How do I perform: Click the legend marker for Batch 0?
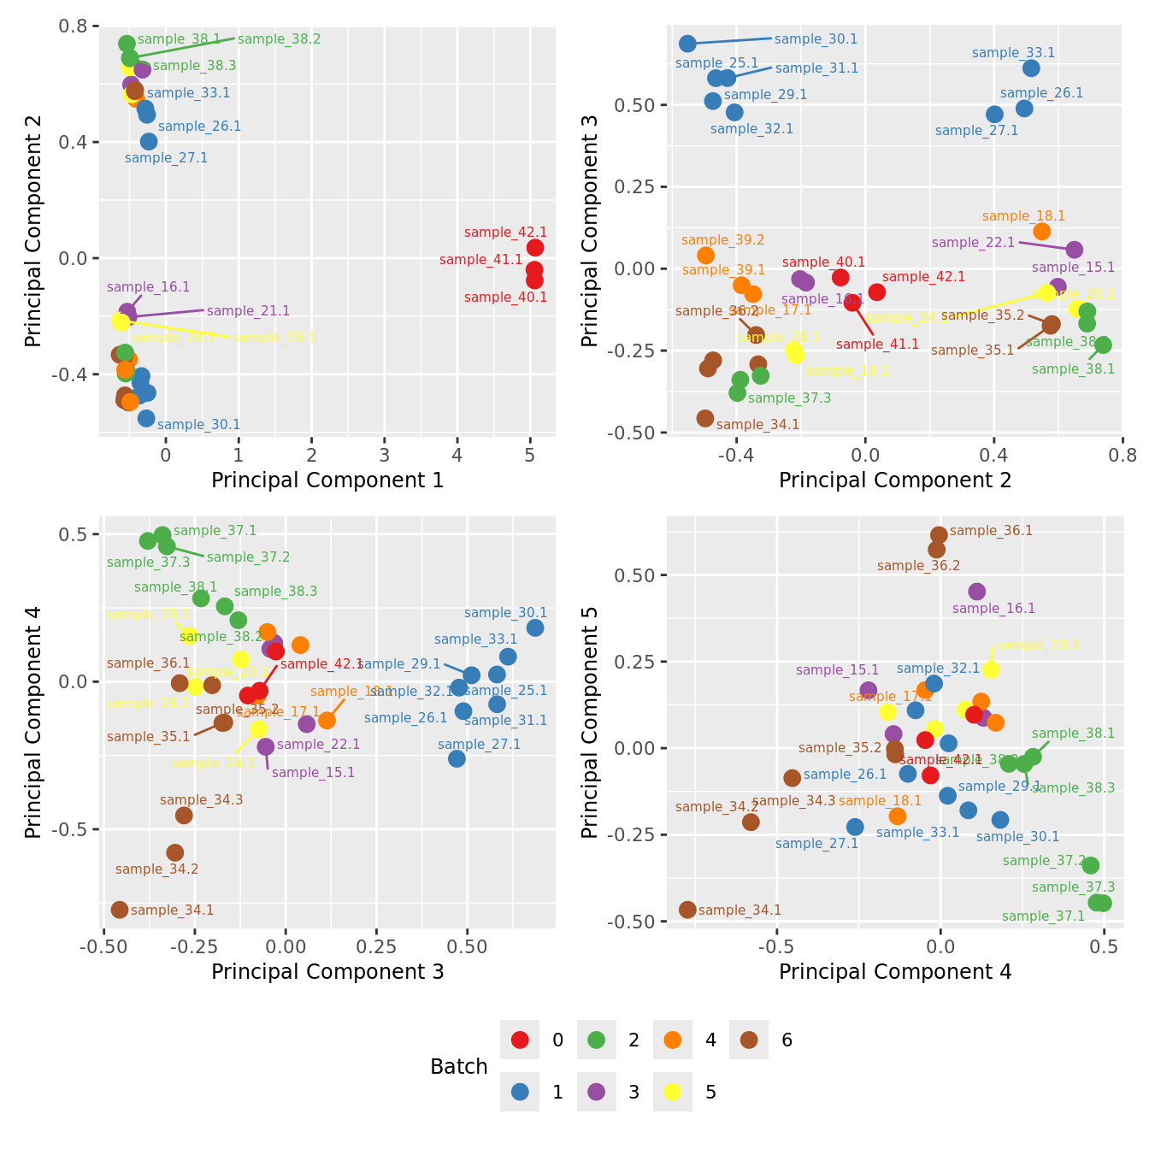[520, 1040]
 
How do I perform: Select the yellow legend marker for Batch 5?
[673, 1092]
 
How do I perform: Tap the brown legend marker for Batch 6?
[750, 1040]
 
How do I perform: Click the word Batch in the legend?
[459, 1067]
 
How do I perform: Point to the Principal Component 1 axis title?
[327, 480]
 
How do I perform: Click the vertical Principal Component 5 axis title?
[590, 722]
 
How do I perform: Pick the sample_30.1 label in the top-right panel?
[816, 39]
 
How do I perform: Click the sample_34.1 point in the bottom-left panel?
[120, 910]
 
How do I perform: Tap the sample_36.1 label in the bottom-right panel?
[991, 531]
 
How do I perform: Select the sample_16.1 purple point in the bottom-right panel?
[977, 592]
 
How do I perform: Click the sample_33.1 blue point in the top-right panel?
[1031, 68]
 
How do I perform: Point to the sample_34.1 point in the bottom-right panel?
[687, 910]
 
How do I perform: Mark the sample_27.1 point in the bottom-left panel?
[457, 758]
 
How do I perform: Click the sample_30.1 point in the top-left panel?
[146, 418]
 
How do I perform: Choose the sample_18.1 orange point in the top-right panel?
[1041, 232]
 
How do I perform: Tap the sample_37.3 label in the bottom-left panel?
[149, 563]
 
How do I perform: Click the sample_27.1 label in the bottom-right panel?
[816, 844]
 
